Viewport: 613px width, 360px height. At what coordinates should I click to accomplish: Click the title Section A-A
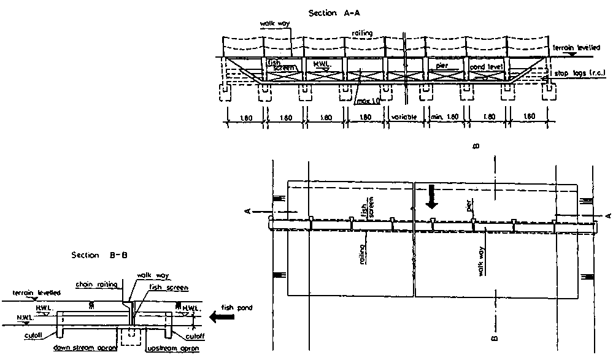tap(349, 13)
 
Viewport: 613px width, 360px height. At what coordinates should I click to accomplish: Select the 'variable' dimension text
tap(405, 117)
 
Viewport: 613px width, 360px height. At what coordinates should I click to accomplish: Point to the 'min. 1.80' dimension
tap(444, 117)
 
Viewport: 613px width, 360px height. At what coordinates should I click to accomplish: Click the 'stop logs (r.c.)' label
tap(581, 74)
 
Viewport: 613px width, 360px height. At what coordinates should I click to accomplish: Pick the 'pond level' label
tap(486, 66)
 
